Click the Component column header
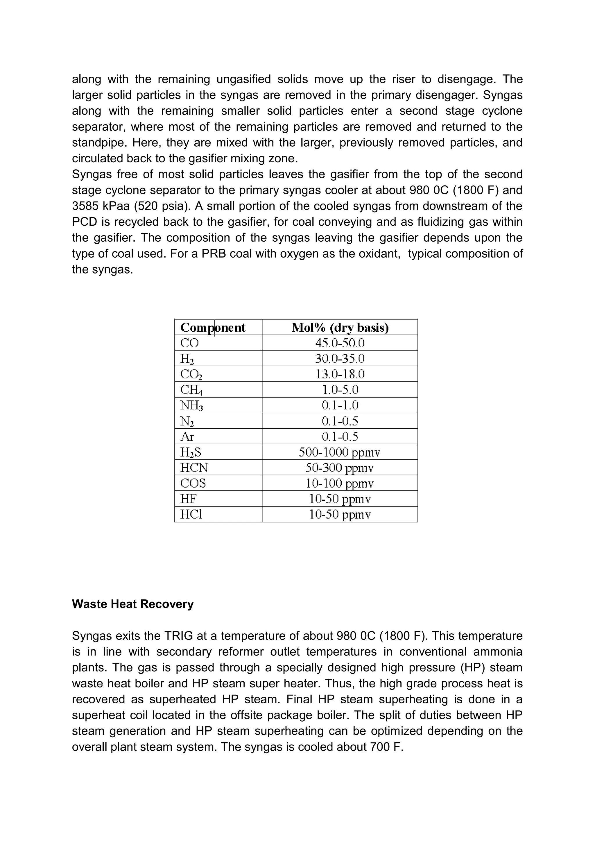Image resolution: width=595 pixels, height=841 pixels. (x=213, y=327)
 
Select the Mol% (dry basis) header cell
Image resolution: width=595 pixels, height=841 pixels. (x=340, y=327)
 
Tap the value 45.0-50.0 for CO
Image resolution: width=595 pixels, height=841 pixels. (x=340, y=343)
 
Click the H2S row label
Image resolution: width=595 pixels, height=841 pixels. (x=191, y=452)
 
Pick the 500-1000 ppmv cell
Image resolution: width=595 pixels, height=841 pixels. (x=340, y=452)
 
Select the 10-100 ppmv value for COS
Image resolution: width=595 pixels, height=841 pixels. (x=340, y=484)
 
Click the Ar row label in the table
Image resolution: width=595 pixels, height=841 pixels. (x=187, y=436)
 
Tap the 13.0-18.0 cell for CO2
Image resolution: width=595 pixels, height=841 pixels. (x=340, y=374)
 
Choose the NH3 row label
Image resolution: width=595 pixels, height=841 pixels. (x=191, y=405)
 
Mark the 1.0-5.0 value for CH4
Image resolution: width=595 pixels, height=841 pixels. (x=340, y=390)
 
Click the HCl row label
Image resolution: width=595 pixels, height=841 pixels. (x=191, y=515)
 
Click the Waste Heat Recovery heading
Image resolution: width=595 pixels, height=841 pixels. (x=133, y=604)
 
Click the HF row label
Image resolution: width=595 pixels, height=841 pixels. (x=188, y=499)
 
